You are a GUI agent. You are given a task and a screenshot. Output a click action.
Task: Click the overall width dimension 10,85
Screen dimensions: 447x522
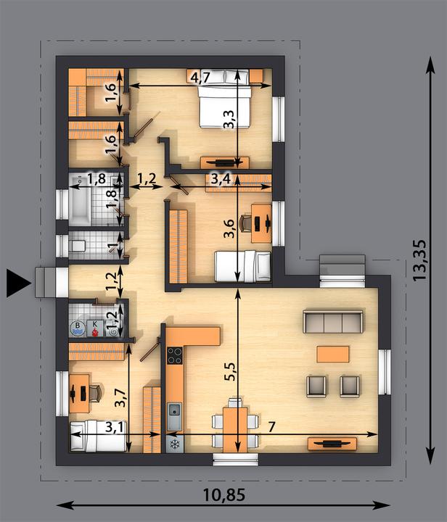224,495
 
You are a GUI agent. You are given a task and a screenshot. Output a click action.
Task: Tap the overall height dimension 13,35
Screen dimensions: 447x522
419,260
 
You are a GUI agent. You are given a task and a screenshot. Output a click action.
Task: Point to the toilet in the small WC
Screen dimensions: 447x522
78,246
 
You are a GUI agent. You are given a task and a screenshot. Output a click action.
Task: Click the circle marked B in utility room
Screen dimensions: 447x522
78,328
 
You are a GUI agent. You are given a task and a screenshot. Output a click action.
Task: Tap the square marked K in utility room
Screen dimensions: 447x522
95,328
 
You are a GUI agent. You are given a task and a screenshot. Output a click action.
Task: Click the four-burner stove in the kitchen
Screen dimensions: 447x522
175,355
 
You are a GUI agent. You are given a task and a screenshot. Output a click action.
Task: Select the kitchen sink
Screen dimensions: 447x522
175,416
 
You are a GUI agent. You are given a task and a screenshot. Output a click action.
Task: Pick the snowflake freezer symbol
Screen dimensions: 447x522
175,444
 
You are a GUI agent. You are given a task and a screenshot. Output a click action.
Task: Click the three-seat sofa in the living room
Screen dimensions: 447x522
333,322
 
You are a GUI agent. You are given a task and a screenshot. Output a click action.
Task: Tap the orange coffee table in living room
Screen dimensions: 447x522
333,354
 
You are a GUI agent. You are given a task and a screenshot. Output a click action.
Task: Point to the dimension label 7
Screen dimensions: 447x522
271,426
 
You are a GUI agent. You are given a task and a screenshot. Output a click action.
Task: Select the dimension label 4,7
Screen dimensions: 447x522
200,78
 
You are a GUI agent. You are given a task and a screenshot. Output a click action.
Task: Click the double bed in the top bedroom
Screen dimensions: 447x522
224,107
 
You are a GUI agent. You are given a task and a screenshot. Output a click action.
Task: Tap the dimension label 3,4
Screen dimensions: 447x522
221,180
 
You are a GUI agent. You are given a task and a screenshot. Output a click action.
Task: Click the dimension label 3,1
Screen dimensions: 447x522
115,427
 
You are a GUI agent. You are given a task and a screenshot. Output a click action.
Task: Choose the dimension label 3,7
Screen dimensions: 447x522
120,398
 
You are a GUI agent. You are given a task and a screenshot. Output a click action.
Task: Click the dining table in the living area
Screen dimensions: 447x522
235,430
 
